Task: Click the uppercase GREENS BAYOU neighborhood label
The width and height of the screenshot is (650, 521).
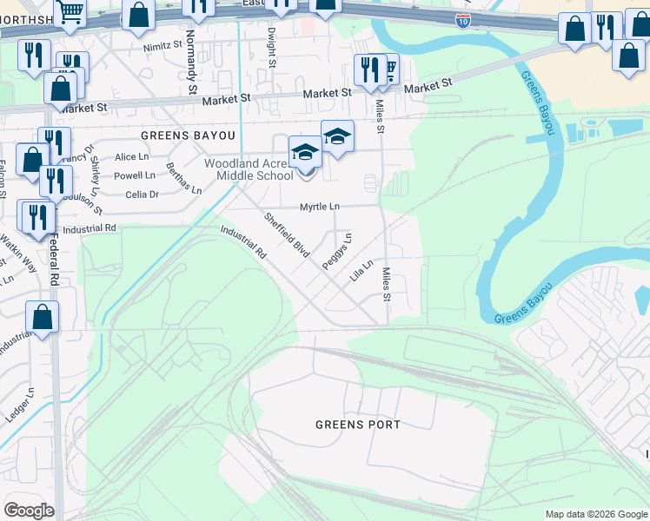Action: coord(188,136)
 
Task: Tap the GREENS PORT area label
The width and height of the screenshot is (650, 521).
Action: coord(358,425)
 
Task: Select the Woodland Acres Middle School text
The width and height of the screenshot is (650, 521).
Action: coord(248,169)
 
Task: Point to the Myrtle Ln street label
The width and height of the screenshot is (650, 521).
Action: coord(320,207)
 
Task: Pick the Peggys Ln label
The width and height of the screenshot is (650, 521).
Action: coord(335,251)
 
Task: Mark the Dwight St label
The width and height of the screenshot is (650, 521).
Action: coord(272,48)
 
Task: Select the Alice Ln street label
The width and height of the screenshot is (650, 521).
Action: coord(131,157)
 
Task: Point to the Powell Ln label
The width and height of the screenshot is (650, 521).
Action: coord(135,175)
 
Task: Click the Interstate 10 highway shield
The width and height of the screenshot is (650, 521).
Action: coord(463,20)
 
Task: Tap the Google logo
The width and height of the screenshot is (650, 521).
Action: coord(29,511)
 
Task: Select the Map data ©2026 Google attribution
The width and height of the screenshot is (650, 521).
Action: coord(596,514)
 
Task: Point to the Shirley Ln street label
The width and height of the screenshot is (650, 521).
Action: coord(93,178)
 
